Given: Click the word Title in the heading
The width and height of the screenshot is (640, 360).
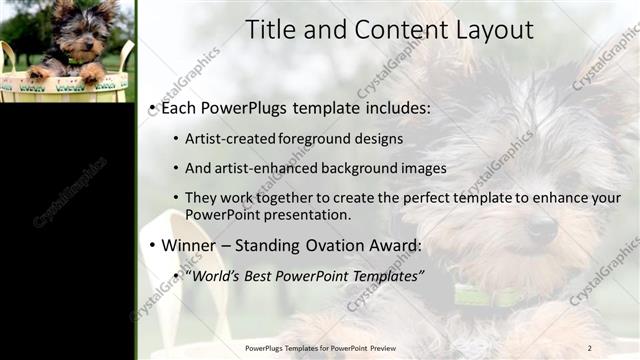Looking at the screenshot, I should click(x=270, y=31).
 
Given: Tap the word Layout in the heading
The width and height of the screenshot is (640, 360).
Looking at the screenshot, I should click(x=488, y=31).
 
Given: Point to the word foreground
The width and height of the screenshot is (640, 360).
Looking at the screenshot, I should click(x=312, y=138).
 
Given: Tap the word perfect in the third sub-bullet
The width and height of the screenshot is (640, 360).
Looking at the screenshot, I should click(x=441, y=198).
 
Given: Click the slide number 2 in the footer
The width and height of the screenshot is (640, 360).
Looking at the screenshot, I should click(x=589, y=348).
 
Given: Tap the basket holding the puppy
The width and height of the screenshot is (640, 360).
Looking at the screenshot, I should click(x=65, y=88).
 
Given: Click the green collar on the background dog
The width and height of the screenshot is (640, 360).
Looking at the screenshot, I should click(x=490, y=296).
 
